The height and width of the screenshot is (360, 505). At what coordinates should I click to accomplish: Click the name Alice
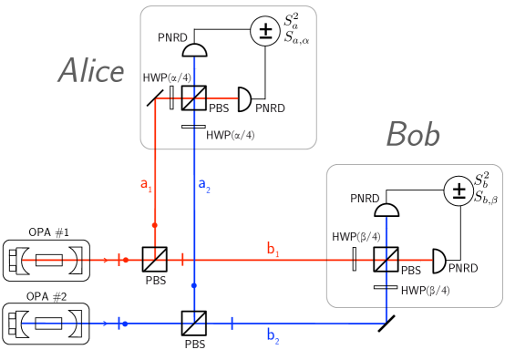coord(91,71)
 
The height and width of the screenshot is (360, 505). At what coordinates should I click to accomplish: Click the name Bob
coord(413,135)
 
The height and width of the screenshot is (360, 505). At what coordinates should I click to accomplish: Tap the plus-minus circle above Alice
coord(265,31)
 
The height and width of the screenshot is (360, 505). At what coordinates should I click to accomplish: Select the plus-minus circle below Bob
coord(459,190)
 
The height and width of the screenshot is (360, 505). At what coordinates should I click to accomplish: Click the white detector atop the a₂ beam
coord(193,63)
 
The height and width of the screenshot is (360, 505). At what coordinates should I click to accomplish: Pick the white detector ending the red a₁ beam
coord(232,98)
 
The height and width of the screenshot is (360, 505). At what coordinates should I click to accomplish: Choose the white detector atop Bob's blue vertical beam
coord(386,222)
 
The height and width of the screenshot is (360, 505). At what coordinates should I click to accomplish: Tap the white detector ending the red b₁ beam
coord(427,260)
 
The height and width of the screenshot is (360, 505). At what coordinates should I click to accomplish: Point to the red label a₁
coord(146,184)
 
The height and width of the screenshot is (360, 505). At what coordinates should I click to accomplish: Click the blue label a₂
coord(204,185)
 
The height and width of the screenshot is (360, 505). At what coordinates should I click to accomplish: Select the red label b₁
coord(273,249)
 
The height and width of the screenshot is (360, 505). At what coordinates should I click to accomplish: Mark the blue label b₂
coord(273,335)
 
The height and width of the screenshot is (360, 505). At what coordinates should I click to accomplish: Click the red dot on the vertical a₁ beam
coord(155,225)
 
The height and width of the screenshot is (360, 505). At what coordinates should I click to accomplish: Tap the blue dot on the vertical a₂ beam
coord(193,285)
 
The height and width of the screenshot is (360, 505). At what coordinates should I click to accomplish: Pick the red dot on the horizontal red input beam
coord(126,260)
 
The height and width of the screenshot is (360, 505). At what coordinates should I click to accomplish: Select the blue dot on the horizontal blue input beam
coord(125,324)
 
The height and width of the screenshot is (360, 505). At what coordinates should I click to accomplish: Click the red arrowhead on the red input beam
coord(105,260)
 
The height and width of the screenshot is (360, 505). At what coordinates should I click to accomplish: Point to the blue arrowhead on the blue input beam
coord(106,324)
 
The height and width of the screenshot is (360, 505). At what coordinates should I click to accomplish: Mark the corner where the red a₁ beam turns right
coord(155,98)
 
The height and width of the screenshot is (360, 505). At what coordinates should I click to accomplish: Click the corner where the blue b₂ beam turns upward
coord(386,323)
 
